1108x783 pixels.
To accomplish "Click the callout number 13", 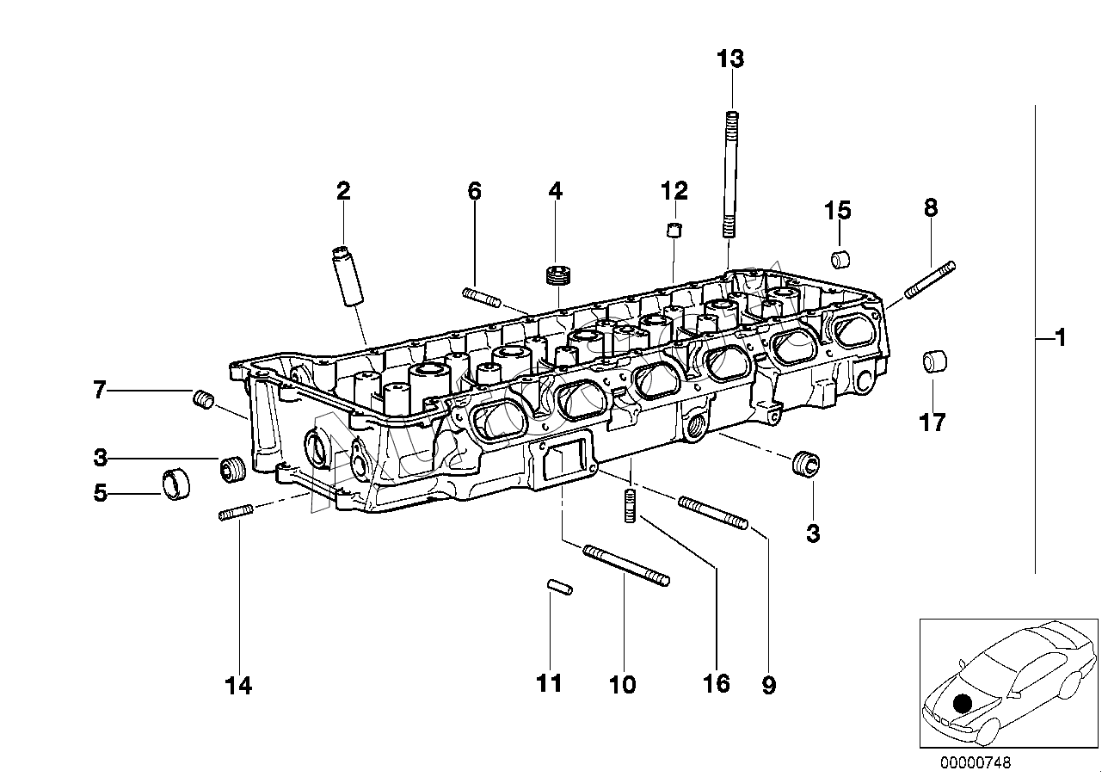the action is point(730,59).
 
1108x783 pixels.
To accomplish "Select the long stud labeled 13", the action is point(730,174).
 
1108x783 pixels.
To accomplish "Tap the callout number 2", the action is point(343,191).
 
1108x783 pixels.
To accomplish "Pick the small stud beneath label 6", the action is point(481,298).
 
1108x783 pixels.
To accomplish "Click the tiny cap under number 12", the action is point(674,230).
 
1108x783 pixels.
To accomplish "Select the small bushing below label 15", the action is point(840,260).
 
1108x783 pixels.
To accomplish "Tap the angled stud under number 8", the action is point(930,280).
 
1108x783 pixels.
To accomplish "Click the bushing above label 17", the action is point(934,361).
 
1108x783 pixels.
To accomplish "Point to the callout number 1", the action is point(1060,338).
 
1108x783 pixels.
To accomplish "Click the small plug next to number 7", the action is point(203,398).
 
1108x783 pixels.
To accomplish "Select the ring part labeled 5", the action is point(176,483).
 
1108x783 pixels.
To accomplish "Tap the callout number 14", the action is point(238,686).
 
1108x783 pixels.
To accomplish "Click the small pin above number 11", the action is point(560,587).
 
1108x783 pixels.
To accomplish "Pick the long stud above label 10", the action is point(626,565).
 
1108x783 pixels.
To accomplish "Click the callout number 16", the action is point(717,684).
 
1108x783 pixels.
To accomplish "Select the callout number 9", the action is point(769,686).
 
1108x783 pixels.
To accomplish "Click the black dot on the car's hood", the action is point(962,703).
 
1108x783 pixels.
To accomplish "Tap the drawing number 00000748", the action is point(976,762).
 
